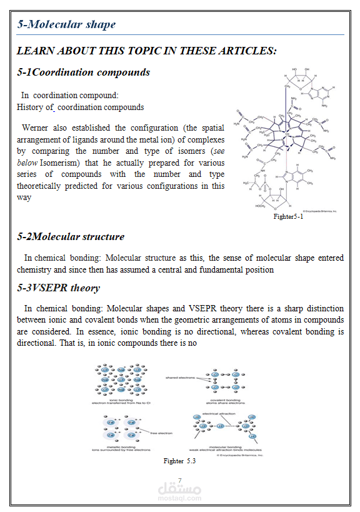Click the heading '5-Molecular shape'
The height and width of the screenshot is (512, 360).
(x=66, y=24)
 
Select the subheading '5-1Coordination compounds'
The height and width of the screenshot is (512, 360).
(x=83, y=72)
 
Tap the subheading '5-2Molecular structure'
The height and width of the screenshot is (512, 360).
(x=71, y=236)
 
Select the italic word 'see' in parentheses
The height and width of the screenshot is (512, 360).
(x=218, y=151)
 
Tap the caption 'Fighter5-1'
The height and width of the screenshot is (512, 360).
(x=288, y=216)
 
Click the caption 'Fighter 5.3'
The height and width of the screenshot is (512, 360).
(x=180, y=461)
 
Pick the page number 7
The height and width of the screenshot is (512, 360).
(x=180, y=479)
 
